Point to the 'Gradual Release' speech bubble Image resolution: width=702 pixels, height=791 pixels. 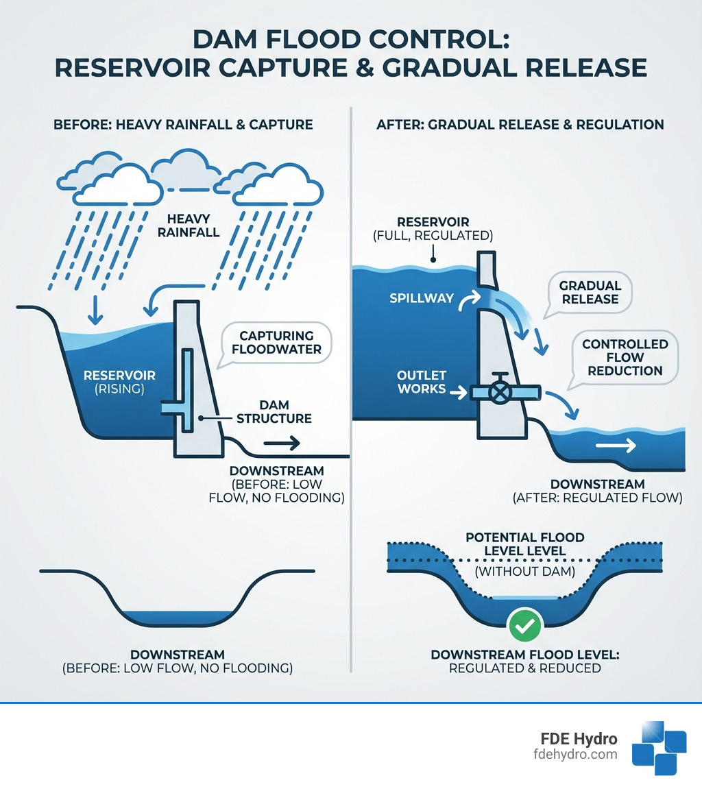pyautogui.click(x=590, y=293)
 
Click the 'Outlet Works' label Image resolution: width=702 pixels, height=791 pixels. pyautogui.click(x=422, y=382)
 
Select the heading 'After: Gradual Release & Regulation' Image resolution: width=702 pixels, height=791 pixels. pyautogui.click(x=520, y=124)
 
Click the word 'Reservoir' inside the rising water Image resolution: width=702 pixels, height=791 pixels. pyautogui.click(x=119, y=376)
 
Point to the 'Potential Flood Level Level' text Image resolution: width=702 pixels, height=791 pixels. pyautogui.click(x=524, y=544)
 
